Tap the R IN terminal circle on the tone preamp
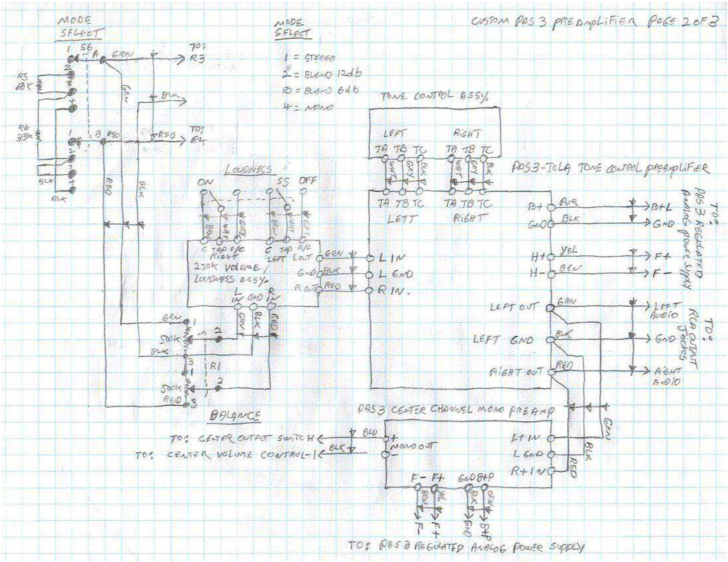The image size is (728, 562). [x=369, y=290]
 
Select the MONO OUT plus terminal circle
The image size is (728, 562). [x=385, y=439]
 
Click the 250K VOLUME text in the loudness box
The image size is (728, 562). [x=226, y=268]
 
